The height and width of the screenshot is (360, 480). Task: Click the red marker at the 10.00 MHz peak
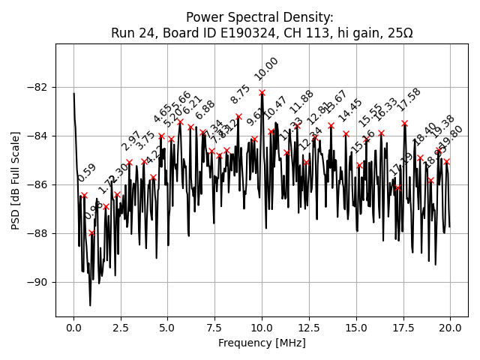262,92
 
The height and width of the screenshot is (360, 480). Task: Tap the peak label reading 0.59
86,173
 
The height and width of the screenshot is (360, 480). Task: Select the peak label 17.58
409,99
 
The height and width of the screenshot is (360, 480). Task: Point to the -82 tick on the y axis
55,87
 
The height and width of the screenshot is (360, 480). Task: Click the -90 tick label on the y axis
40,282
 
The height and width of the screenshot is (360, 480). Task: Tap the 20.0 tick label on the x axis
450,328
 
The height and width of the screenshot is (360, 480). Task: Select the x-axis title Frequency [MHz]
262,343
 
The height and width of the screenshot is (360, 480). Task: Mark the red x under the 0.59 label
84,195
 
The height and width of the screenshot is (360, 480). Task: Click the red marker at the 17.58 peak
404,123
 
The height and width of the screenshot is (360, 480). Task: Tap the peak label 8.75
241,94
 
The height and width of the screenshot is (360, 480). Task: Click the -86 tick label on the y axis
40,184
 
